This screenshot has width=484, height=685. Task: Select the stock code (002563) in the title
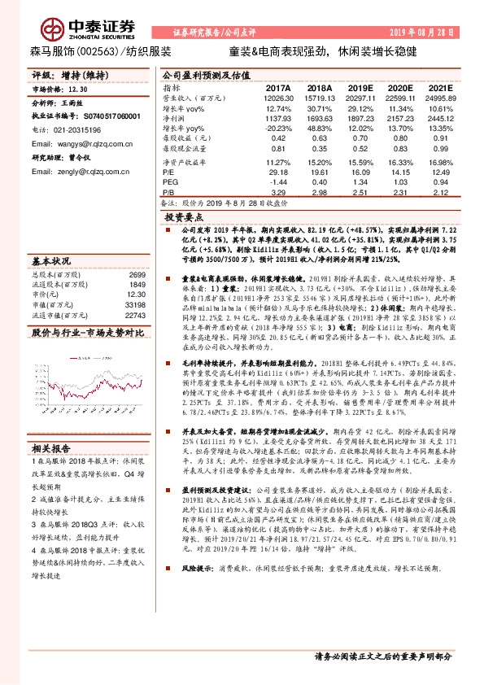(x=96, y=50)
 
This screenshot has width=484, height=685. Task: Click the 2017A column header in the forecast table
(x=278, y=87)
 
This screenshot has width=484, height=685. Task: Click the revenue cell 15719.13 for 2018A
(x=320, y=97)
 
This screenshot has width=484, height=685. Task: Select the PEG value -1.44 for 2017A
(x=280, y=182)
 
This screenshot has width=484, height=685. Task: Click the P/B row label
(x=170, y=193)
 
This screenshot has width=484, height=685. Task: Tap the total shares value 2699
(x=137, y=275)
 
